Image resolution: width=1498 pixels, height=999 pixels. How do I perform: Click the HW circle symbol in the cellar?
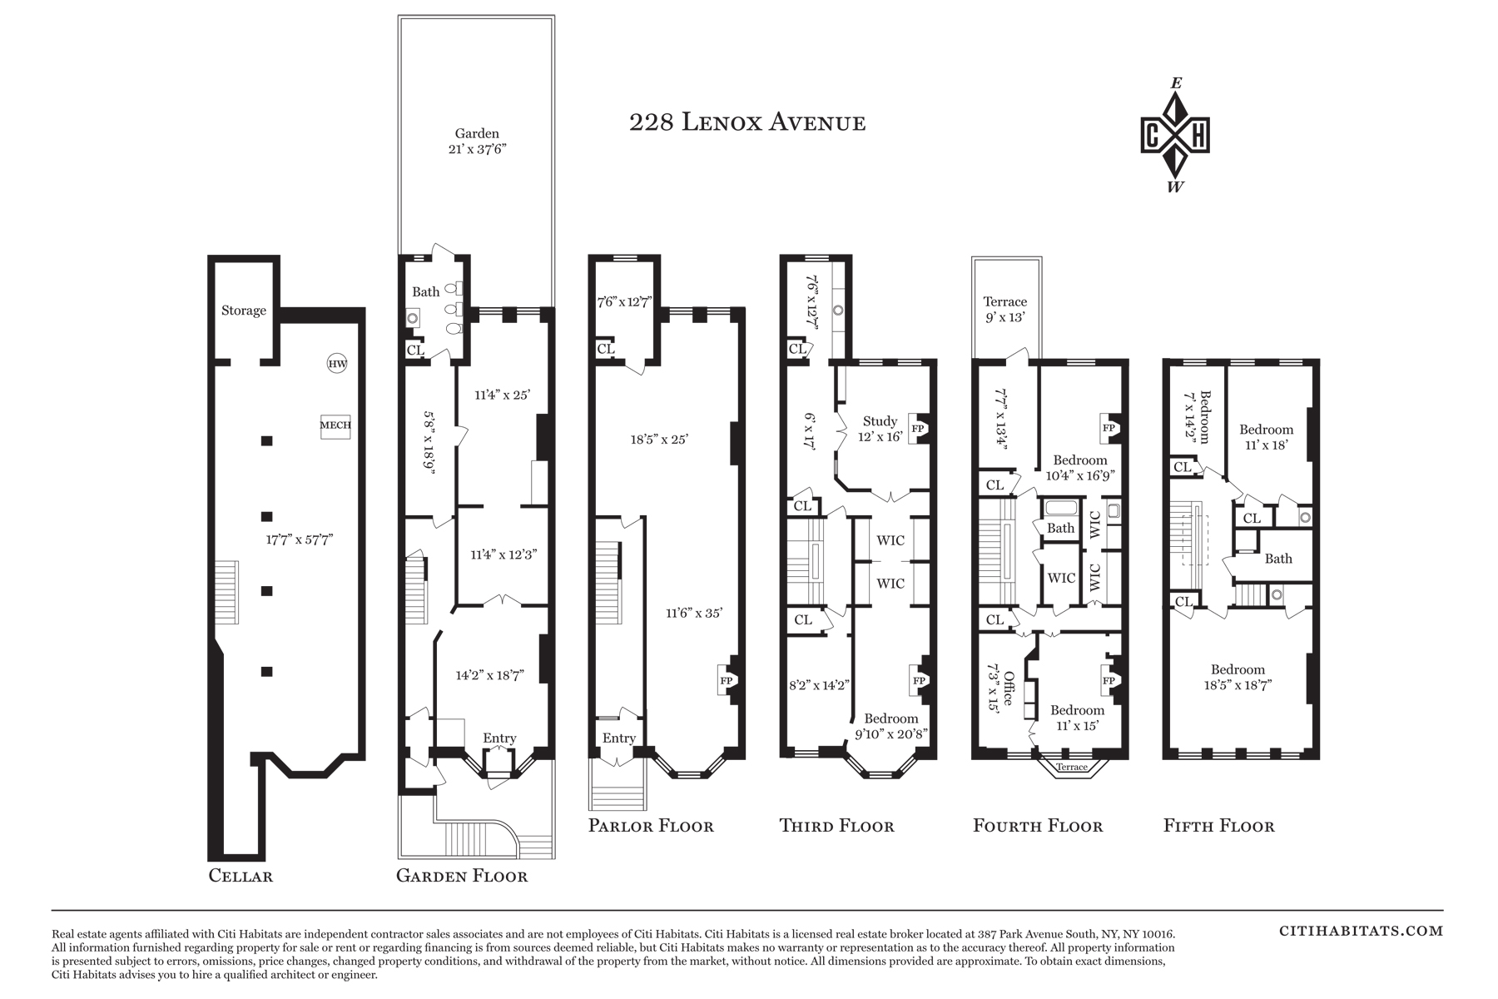point(337,364)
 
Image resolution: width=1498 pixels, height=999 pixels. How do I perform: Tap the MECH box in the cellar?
point(335,425)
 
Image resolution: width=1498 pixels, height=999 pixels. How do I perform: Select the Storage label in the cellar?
point(244,311)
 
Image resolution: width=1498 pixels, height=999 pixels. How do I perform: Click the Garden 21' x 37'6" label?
point(477,142)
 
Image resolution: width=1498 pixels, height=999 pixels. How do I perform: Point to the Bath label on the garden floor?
point(426,292)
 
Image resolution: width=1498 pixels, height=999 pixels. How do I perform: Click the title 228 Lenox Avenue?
point(747,123)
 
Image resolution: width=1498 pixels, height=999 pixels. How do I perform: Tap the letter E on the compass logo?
point(1176,83)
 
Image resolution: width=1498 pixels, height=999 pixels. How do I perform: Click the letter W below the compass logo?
point(1175,187)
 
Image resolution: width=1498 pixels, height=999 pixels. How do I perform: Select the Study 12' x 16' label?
point(880,429)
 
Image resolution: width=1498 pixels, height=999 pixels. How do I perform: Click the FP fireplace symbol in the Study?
point(919,429)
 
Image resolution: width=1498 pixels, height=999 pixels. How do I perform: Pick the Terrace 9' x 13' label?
point(1005,309)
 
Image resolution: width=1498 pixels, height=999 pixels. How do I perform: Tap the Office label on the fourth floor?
point(1009,688)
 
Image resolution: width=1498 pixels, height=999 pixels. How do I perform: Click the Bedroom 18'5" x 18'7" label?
point(1238,677)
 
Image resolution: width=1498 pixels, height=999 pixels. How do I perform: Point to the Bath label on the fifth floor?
point(1278,559)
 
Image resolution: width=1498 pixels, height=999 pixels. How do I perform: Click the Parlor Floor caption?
point(651,826)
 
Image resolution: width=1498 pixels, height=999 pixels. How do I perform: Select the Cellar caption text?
point(241,876)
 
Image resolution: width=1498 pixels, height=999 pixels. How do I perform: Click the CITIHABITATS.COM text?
point(1361,932)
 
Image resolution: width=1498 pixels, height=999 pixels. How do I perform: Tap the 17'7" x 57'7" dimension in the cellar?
point(300,539)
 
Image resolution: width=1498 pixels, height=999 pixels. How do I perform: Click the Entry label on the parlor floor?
point(619,738)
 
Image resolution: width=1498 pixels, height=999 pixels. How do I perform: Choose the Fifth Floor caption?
point(1219,826)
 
